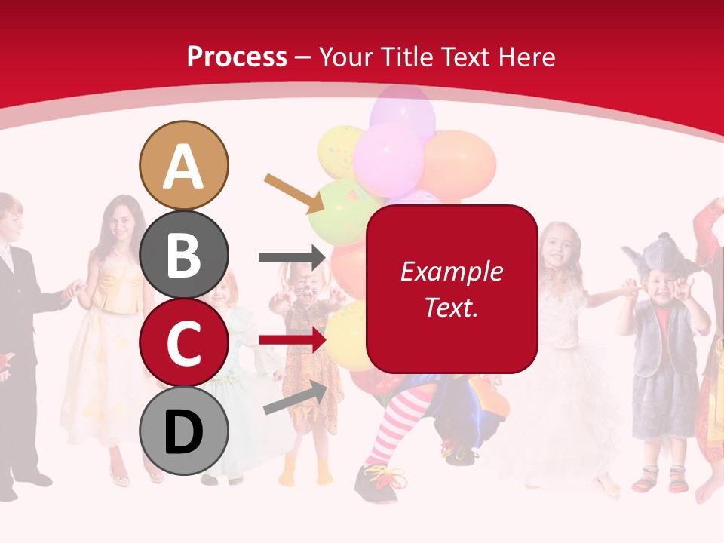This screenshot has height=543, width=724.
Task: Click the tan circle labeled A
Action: point(183,165)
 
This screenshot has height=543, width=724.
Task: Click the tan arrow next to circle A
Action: point(294,193)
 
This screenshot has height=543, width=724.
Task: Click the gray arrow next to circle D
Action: point(295,397)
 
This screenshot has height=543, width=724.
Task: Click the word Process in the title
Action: point(237,57)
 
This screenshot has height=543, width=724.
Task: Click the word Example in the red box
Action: point(451,271)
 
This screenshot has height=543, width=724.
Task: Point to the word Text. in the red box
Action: point(451,307)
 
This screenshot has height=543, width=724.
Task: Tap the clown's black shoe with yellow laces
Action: point(381,480)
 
